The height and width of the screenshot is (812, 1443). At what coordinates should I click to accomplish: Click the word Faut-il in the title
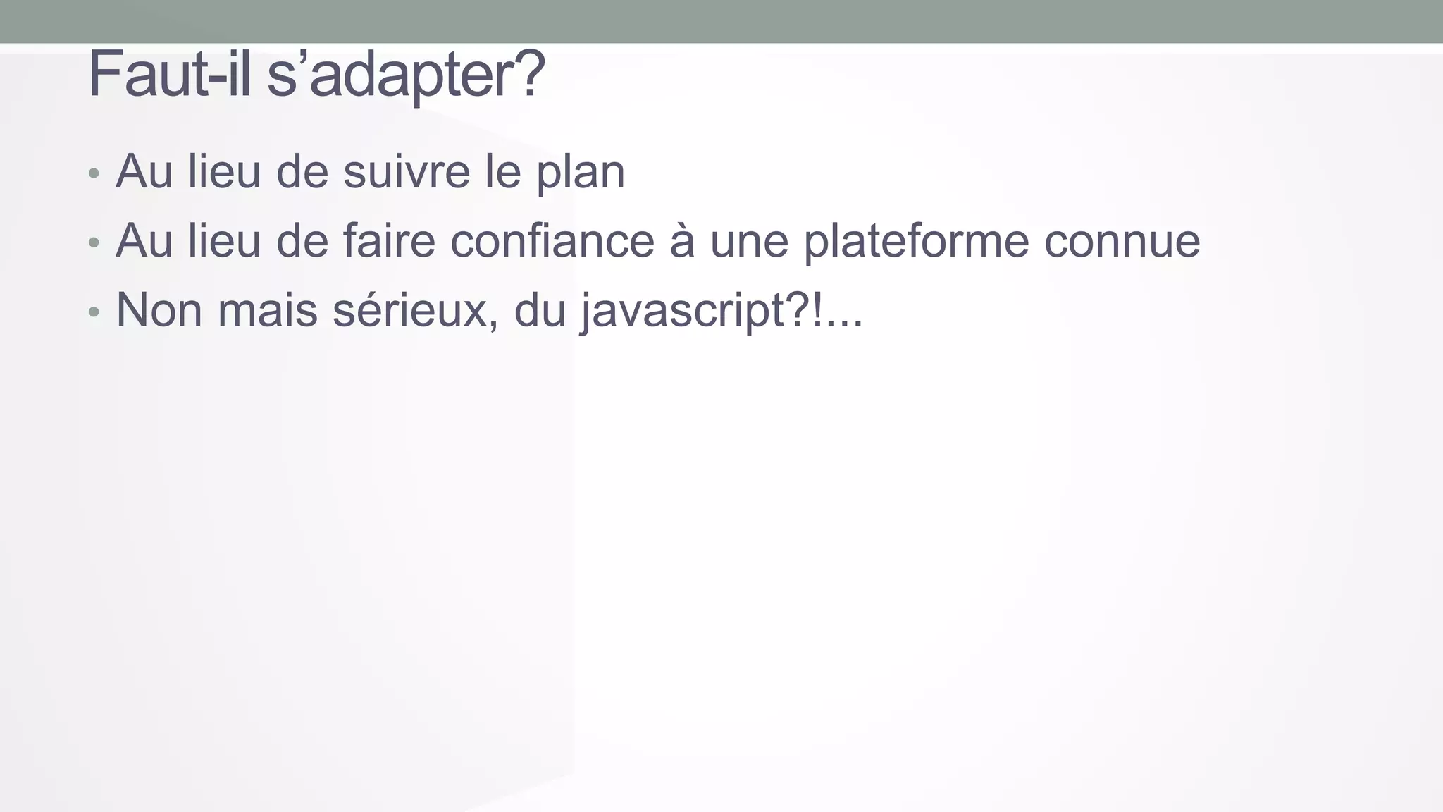(x=168, y=75)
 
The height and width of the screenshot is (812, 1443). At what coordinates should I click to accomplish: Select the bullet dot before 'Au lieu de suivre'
(x=94, y=173)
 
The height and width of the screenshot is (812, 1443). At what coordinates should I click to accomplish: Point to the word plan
(x=581, y=173)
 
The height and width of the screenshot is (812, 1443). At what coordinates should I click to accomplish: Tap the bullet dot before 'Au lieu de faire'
(x=94, y=243)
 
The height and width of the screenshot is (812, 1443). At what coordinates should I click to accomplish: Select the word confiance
(x=552, y=241)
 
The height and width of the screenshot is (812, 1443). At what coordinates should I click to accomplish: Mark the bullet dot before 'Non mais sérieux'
(x=94, y=312)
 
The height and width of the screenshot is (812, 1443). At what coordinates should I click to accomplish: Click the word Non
(x=159, y=310)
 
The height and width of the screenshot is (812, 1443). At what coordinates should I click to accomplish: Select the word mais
(x=267, y=310)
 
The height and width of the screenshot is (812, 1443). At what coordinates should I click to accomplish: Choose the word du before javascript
(x=540, y=310)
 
